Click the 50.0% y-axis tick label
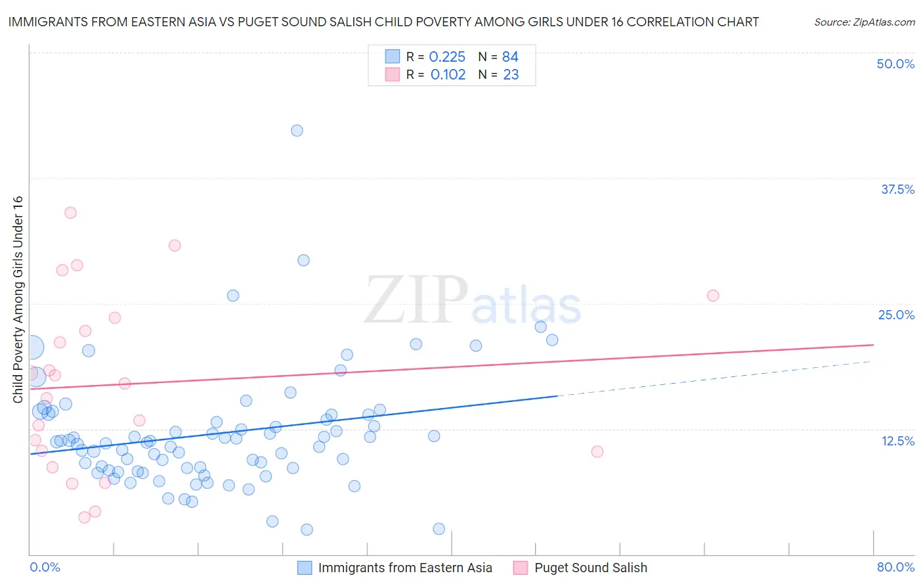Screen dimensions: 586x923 coord(895,64)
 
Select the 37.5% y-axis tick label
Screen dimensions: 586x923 coord(897,189)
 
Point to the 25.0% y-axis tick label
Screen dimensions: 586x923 coord(896,315)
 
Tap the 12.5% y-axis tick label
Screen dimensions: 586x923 coord(897,441)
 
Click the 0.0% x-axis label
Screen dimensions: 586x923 coord(45,567)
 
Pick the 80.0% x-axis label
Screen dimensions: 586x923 coord(895,567)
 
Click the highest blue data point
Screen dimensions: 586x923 coord(297,131)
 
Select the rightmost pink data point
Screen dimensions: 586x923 coord(713,296)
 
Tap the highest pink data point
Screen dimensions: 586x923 coord(70,213)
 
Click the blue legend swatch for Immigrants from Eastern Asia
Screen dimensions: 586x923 coord(305,568)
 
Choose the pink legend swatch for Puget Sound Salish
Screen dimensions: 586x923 coord(521,568)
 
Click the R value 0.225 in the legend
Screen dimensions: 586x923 coord(447,57)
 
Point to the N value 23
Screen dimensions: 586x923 coord(511,75)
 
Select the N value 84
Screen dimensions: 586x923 coord(510,57)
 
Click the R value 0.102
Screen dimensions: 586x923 coord(448,75)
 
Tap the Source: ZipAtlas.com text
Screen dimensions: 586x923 coord(864,22)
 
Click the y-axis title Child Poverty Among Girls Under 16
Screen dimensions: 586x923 coord(18,300)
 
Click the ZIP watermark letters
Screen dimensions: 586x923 coord(416,300)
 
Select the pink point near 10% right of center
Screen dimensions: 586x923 coord(597,451)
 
